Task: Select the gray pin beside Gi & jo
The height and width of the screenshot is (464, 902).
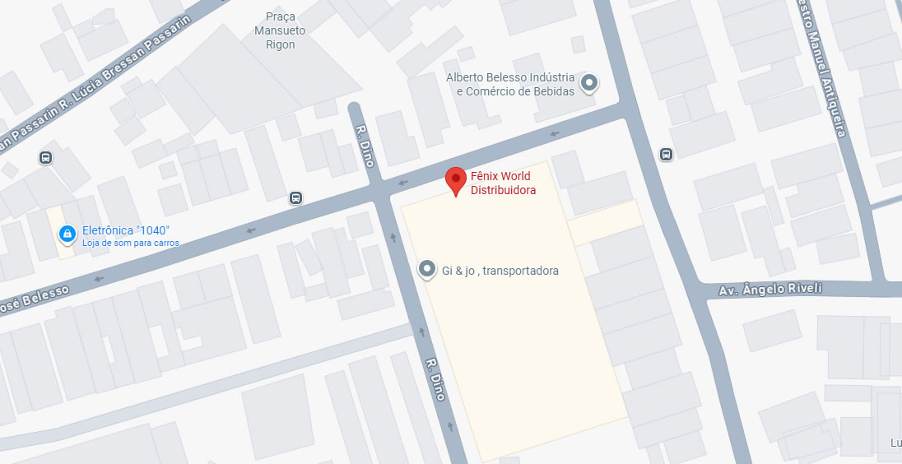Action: [x=427, y=270]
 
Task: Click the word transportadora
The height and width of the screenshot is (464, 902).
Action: [x=521, y=271]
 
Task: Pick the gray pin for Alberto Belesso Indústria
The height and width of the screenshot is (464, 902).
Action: [x=589, y=82]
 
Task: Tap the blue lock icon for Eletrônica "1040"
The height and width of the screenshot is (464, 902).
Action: [x=67, y=234]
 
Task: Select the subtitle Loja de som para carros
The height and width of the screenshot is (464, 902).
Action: [x=131, y=243]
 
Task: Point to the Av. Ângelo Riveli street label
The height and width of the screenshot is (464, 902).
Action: [x=771, y=290]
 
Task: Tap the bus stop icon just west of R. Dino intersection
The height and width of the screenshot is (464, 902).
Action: [x=295, y=197]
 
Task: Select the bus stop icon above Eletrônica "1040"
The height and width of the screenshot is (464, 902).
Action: [x=45, y=157]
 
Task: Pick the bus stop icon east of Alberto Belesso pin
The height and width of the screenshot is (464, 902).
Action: [x=666, y=154]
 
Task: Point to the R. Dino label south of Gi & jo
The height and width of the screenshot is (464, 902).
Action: [x=435, y=379]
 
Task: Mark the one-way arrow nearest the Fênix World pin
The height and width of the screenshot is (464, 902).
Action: [x=402, y=183]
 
